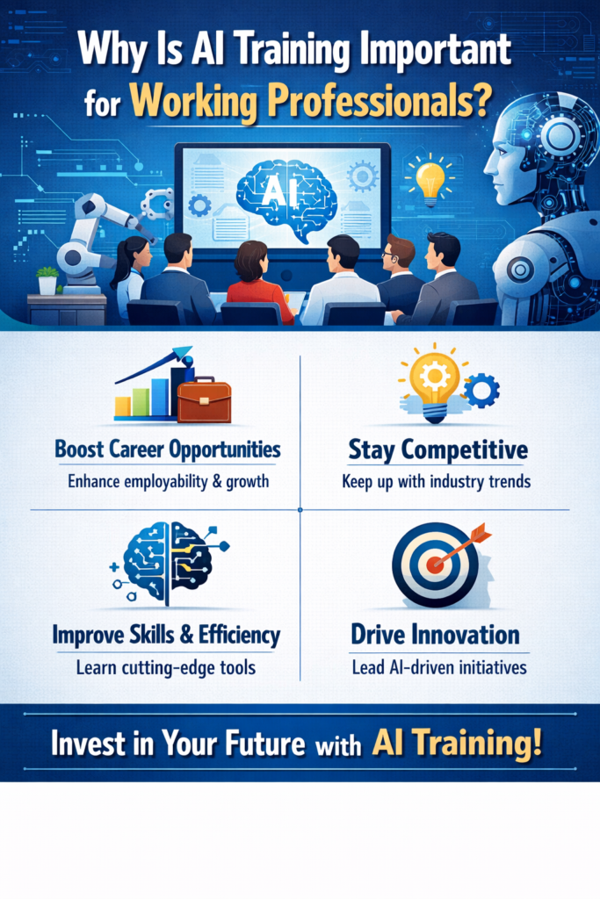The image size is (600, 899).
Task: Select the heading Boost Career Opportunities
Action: (168, 449)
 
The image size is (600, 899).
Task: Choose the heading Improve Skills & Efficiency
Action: (167, 634)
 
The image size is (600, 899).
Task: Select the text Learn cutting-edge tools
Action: (167, 667)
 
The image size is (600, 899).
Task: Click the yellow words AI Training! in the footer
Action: (457, 743)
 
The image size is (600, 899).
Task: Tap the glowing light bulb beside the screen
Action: (430, 180)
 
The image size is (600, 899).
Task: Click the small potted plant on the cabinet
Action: (47, 280)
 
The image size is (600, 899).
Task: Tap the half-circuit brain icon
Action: (166, 563)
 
